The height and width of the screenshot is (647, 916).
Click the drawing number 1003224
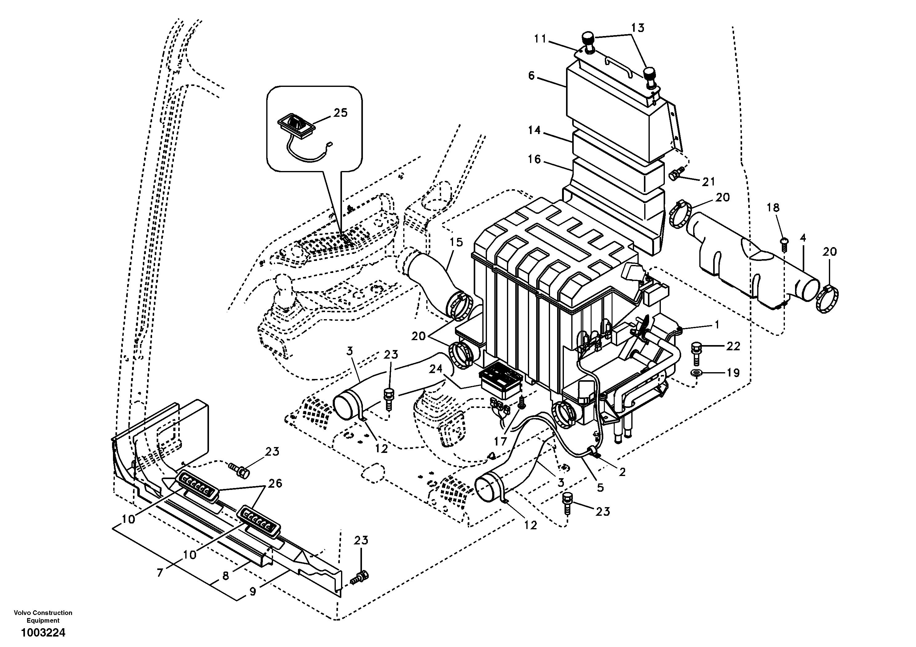[x=43, y=633]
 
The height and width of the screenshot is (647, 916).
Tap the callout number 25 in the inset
[x=340, y=113]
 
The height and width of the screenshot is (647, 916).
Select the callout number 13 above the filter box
[x=637, y=28]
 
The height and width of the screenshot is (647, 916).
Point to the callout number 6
[x=531, y=75]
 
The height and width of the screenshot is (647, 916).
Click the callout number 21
[x=709, y=182]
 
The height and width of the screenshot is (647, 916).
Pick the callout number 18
[x=773, y=208]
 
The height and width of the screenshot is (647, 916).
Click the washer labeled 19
[x=697, y=373]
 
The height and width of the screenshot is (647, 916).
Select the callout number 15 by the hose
[x=456, y=242]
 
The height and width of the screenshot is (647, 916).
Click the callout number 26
[x=275, y=484]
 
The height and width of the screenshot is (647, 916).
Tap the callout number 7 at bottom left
[x=160, y=573]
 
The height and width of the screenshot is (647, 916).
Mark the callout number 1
[x=717, y=325]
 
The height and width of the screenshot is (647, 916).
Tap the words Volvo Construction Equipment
[x=43, y=616]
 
